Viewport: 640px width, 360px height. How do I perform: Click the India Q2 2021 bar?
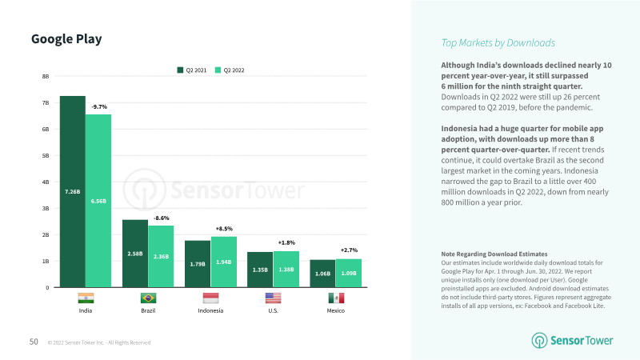pyautogui.click(x=72, y=191)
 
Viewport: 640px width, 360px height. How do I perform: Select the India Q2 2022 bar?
pyautogui.click(x=98, y=201)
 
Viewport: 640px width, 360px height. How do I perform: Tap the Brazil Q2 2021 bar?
pyautogui.click(x=135, y=254)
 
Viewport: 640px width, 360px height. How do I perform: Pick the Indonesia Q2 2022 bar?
pyautogui.click(x=223, y=262)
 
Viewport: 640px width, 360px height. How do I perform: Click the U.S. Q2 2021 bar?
pyautogui.click(x=260, y=270)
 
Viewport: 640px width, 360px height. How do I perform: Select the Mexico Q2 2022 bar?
pyautogui.click(x=348, y=273)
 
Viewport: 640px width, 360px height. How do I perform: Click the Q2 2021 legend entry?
pyautogui.click(x=192, y=70)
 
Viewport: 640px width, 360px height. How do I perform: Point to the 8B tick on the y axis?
pyautogui.click(x=46, y=76)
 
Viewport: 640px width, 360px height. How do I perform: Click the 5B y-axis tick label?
pyautogui.click(x=46, y=155)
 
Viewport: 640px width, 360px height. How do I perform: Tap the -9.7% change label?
pyautogui.click(x=99, y=106)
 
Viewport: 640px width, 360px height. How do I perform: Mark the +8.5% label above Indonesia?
pyautogui.click(x=224, y=228)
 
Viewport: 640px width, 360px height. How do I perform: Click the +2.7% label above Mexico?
pyautogui.click(x=349, y=250)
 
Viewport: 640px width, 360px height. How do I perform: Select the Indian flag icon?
pyautogui.click(x=86, y=298)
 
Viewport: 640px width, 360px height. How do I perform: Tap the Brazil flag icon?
pyautogui.click(x=148, y=298)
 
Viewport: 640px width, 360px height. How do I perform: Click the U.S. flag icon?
pyautogui.click(x=273, y=298)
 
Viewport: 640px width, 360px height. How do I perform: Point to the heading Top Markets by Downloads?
pyautogui.click(x=498, y=42)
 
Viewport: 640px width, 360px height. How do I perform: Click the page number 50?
pyautogui.click(x=34, y=342)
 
